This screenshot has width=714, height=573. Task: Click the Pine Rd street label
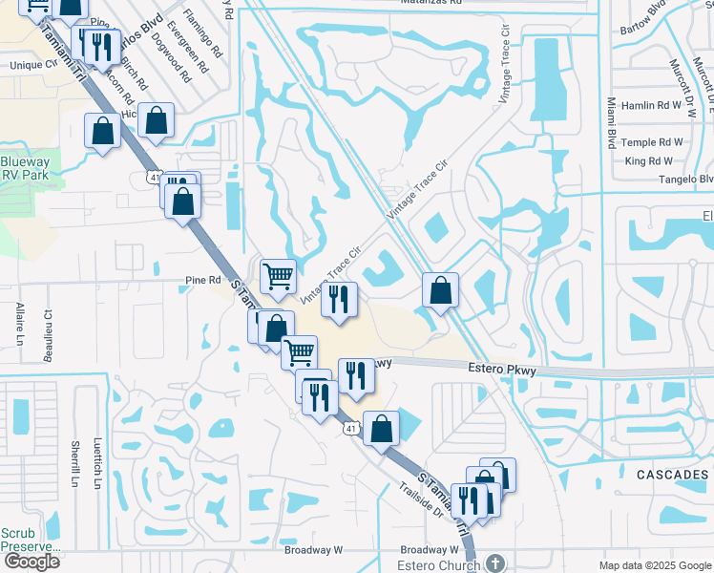tap(203, 281)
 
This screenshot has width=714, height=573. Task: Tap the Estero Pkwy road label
tap(498, 368)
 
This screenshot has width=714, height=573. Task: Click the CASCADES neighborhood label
tap(672, 475)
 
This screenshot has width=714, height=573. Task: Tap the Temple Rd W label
tap(653, 142)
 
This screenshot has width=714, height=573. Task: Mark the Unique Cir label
tap(34, 65)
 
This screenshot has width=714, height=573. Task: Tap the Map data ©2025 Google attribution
tap(654, 565)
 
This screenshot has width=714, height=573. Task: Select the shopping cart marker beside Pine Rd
tap(278, 277)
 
